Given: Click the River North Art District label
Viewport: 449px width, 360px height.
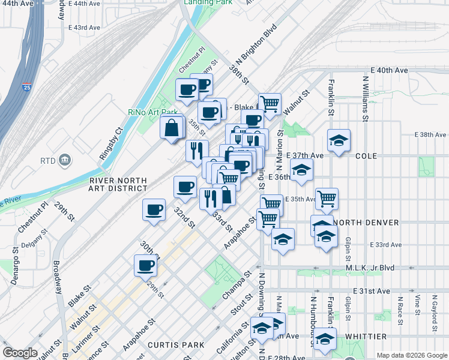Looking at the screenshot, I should pos(118,184).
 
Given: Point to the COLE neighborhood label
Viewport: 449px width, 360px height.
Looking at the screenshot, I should pos(366,155).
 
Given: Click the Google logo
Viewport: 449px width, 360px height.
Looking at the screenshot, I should pos(20,353).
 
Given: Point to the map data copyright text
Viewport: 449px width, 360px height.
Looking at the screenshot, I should pos(411,355).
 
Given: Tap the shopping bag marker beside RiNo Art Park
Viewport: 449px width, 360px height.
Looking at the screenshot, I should pos(172,127).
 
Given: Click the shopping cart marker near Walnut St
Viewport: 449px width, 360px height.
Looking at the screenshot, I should pos(270,103).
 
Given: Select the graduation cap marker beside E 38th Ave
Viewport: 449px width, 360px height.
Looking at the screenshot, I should pos(339,141).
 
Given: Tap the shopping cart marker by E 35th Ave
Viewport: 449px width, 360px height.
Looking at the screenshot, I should pos(327,198).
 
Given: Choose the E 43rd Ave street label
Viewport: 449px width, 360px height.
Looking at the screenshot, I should pos(84,28).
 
